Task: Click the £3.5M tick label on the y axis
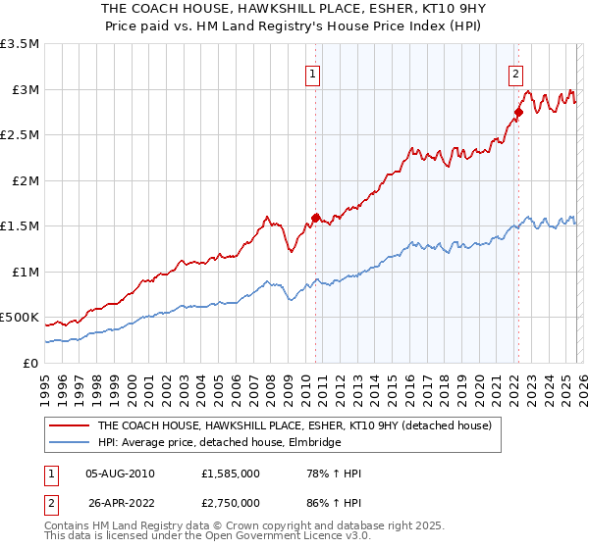tap(20, 44)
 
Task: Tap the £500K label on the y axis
tap(20, 318)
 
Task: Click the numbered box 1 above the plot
tap(312, 72)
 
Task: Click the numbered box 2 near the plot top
tap(515, 72)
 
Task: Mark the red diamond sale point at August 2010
tap(315, 219)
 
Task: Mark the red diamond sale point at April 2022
tap(518, 113)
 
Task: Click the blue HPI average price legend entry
tap(218, 443)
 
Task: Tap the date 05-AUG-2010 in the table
tap(120, 474)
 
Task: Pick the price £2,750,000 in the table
tap(232, 503)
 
